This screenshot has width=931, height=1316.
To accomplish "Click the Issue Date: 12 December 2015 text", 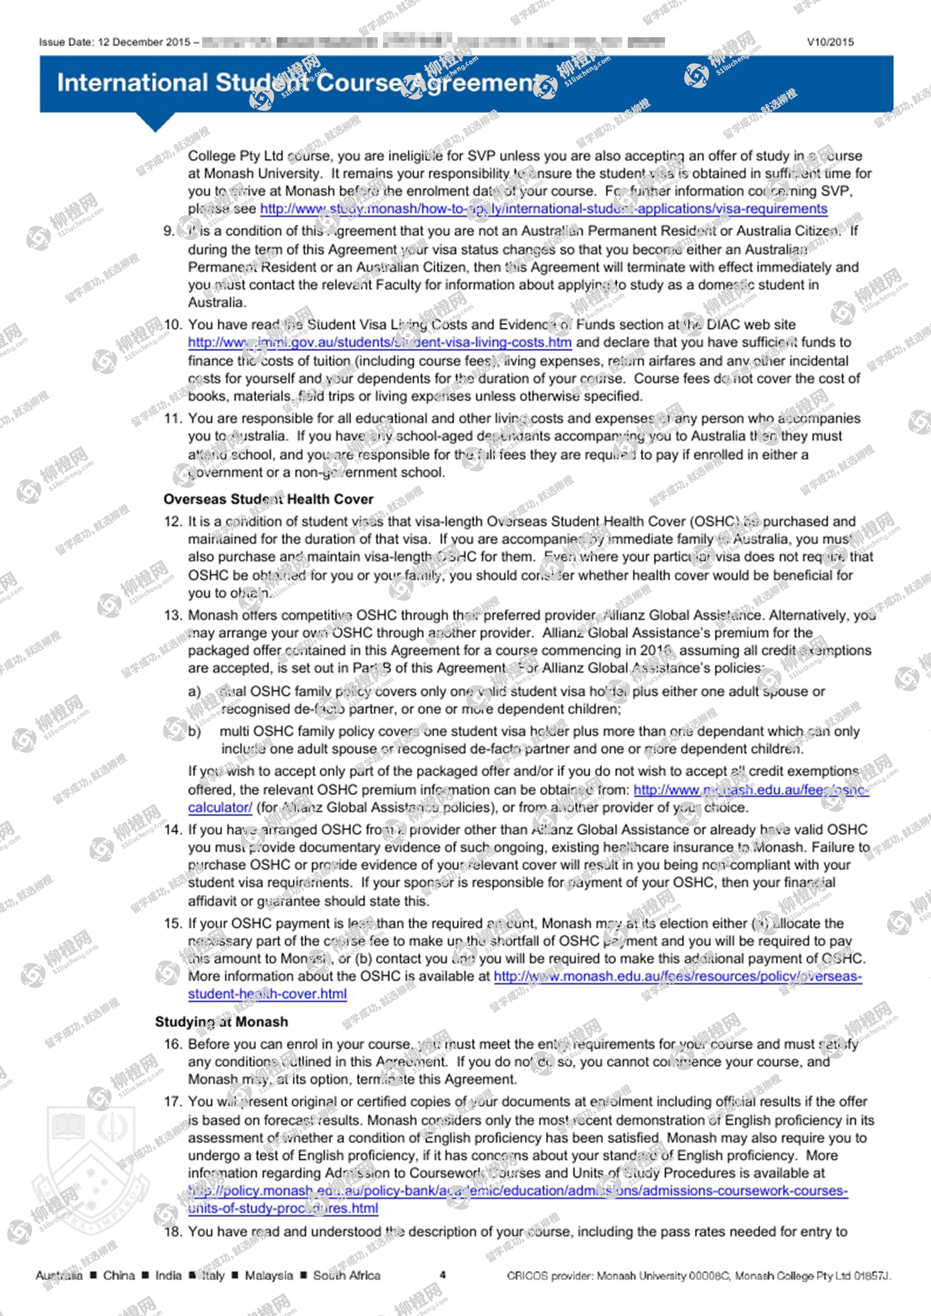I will tap(114, 43).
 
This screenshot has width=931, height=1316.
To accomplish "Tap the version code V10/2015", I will tap(830, 43).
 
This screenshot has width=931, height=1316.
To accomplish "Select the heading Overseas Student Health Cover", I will tap(268, 499).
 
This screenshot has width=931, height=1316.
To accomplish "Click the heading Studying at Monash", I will tap(221, 1022).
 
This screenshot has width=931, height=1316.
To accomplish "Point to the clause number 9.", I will tap(169, 231).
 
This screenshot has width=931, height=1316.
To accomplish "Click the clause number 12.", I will tap(172, 522).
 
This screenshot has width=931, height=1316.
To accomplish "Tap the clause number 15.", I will tap(172, 923).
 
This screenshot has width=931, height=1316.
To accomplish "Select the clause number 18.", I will tap(172, 1232).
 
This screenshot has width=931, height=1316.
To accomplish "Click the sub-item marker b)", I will tap(194, 731).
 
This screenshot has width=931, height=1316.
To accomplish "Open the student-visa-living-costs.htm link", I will tap(379, 343).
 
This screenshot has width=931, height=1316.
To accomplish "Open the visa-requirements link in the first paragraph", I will tap(543, 209).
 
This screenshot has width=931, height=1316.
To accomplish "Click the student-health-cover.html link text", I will tap(267, 994).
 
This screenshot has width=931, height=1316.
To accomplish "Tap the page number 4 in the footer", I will tap(443, 1275).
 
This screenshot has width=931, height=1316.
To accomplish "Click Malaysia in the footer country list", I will tap(269, 1275).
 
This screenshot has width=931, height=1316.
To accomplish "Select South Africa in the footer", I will tap(346, 1275).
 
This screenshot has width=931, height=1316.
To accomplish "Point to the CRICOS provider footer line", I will tap(698, 1275).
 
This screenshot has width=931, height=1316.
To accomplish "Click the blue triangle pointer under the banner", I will tap(155, 122).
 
